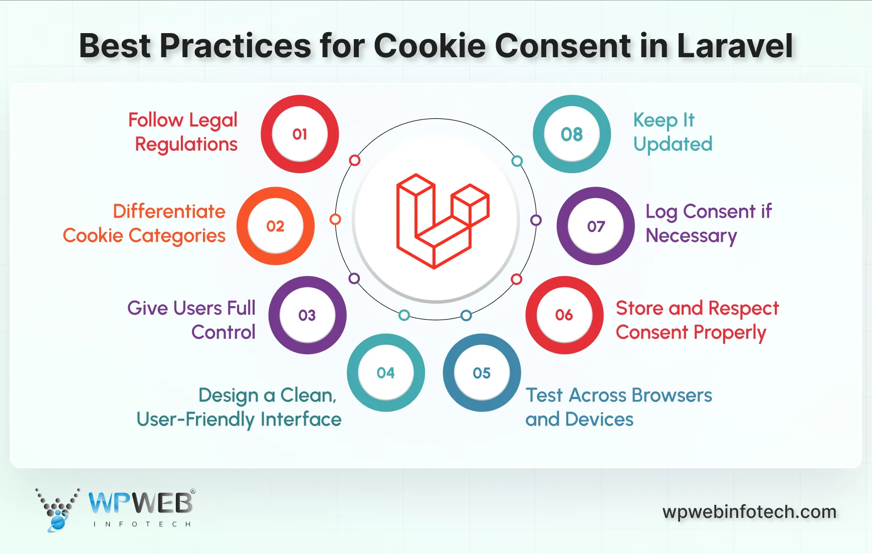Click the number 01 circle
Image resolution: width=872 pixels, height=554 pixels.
[300, 134]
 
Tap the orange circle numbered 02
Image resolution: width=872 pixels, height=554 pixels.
[275, 226]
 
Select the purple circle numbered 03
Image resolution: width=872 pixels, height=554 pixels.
[307, 315]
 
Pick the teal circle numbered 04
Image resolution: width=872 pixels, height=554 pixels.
[385, 373]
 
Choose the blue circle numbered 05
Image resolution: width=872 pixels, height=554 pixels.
[482, 373]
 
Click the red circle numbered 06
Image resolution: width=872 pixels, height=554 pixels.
[564, 315]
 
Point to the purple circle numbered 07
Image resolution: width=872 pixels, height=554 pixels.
[596, 226]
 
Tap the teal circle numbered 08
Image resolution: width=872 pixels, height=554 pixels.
[572, 134]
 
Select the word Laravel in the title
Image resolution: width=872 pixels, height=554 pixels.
[735, 46]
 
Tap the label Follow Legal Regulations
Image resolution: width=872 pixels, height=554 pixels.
[183, 132]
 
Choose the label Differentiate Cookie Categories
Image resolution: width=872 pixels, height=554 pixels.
[145, 223]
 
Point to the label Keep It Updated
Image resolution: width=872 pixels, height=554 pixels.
[672, 132]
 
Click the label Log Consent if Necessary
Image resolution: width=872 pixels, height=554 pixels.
[708, 223]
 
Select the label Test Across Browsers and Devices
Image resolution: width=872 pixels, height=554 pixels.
[618, 407]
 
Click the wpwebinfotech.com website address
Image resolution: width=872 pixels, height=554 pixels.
[749, 512]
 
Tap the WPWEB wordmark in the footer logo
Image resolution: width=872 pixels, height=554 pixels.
[140, 503]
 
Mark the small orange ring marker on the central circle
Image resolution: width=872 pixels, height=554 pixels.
[335, 219]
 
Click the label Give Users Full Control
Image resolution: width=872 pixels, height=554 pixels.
[192, 320]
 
